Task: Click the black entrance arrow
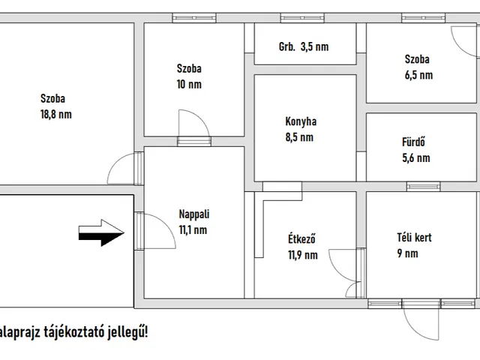click(102, 234)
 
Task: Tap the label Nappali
click(193, 213)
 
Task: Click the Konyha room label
click(300, 121)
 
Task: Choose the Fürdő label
click(415, 142)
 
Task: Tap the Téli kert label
click(415, 238)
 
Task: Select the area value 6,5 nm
click(418, 75)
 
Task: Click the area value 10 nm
click(188, 84)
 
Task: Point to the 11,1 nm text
click(193, 230)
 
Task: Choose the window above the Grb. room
click(294, 19)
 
